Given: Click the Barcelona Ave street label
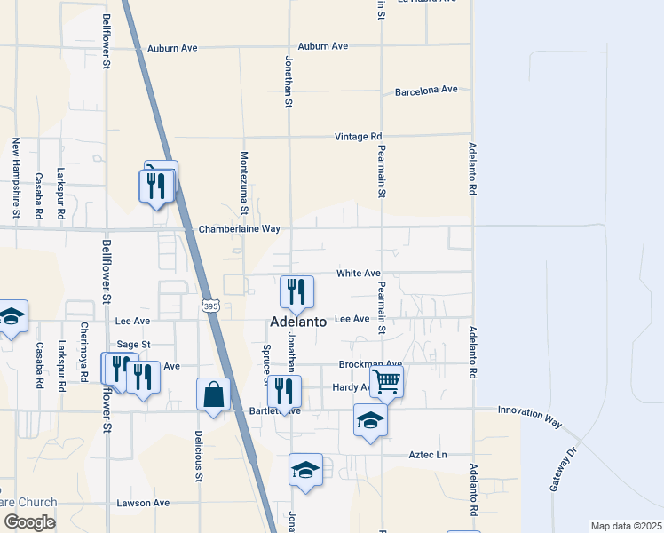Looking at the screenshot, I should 426,90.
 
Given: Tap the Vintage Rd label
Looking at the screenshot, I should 358,137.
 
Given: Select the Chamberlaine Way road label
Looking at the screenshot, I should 239,229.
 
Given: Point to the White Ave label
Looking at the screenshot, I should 358,274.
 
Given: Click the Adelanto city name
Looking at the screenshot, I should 297,322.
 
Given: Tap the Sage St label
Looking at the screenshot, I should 134,344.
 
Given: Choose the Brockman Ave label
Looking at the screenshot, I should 370,364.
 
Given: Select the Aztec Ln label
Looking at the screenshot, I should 428,455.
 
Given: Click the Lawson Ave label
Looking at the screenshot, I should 143,503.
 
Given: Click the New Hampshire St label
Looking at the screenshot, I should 16,179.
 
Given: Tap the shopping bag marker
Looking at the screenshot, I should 214,394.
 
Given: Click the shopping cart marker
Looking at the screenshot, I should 386,381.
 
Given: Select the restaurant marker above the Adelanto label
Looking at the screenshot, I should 297,291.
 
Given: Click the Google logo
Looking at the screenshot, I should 29,522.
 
